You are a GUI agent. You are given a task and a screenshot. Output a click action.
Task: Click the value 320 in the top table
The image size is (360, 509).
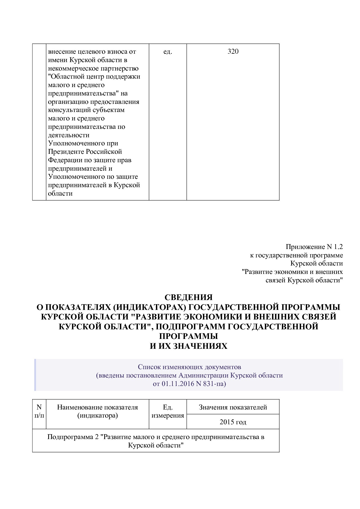point(233,52)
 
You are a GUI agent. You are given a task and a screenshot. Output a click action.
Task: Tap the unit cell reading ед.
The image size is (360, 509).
point(168,52)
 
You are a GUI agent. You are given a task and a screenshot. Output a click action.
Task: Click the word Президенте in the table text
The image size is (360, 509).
point(66,152)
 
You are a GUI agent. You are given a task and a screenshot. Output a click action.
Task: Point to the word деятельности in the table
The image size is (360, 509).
point(69,135)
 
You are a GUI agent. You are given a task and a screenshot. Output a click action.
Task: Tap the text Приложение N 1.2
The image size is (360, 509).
point(314,247)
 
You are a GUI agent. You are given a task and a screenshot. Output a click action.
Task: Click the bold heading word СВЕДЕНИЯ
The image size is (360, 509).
point(188,297)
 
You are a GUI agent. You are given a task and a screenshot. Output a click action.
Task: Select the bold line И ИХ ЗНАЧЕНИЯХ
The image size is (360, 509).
point(188,346)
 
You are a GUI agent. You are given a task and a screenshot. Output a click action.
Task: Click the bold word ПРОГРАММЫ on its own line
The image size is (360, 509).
point(188,336)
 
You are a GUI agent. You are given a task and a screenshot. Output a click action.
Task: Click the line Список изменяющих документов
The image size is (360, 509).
point(189,367)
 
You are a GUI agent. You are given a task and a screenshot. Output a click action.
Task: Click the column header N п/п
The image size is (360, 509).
point(39,411)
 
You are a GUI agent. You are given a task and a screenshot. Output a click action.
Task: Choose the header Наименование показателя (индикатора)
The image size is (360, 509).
point(97,411)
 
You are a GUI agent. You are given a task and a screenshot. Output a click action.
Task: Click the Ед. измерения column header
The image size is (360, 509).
point(168,411)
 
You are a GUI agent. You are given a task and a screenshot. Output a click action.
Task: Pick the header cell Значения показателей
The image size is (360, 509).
point(233,407)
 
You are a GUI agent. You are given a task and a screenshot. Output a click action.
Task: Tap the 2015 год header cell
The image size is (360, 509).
point(233,422)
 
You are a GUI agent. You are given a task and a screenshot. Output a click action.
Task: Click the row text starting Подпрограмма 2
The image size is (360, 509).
point(156,441)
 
